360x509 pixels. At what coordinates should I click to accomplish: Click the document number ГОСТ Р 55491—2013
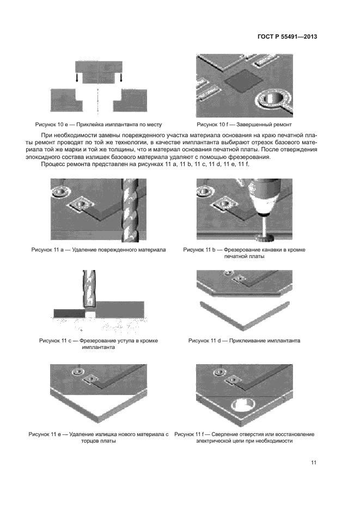[x=286, y=38]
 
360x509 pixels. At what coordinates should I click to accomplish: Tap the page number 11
[x=313, y=463]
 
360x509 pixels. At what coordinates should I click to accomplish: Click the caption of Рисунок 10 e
[x=99, y=124]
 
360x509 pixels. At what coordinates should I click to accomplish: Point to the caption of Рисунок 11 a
[x=97, y=249]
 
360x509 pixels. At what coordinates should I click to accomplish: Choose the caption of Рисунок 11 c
[x=98, y=344]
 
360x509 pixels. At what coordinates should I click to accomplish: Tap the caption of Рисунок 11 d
[x=245, y=341]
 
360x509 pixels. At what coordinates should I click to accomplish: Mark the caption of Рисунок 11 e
[x=99, y=437]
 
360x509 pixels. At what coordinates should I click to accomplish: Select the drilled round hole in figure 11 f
[x=244, y=407]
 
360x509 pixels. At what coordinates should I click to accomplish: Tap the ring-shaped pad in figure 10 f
[x=271, y=100]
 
